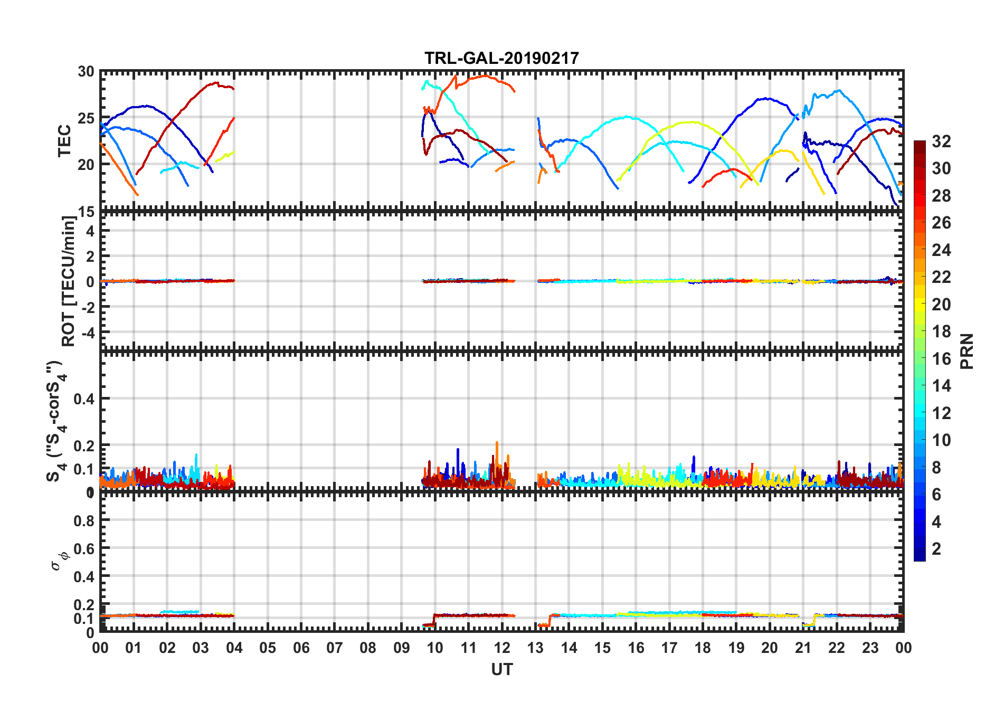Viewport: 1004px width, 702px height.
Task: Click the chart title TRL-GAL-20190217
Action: pyautogui.click(x=501, y=58)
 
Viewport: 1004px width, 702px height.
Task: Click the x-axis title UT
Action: pyautogui.click(x=501, y=669)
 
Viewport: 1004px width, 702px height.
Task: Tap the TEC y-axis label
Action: pyautogui.click(x=64, y=141)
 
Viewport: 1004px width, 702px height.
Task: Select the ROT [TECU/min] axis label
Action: pyautogui.click(x=69, y=281)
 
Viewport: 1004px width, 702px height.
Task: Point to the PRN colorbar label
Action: pyautogui.click(x=967, y=351)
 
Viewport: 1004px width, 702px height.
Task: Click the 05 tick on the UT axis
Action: pyautogui.click(x=268, y=648)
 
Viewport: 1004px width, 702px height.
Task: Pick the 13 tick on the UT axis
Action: pyautogui.click(x=535, y=648)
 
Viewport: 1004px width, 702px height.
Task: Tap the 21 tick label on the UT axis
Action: pyautogui.click(x=803, y=648)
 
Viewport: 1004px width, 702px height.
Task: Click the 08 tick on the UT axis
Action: pyautogui.click(x=368, y=648)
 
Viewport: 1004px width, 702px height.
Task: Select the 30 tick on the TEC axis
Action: pyautogui.click(x=86, y=72)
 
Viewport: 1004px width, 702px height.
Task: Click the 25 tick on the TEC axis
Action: pyautogui.click(x=86, y=118)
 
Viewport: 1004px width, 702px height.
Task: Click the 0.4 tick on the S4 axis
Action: pyautogui.click(x=84, y=399)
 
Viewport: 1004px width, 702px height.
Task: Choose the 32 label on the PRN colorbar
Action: pyautogui.click(x=941, y=141)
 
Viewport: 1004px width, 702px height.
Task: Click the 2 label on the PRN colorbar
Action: pyautogui.click(x=936, y=549)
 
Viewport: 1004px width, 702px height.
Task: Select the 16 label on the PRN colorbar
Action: pyautogui.click(x=941, y=359)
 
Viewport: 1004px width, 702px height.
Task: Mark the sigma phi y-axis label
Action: pyautogui.click(x=59, y=561)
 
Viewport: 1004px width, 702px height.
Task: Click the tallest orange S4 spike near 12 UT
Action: pyautogui.click(x=497, y=443)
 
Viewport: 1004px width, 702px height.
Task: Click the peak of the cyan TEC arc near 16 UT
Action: pyautogui.click(x=627, y=117)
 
